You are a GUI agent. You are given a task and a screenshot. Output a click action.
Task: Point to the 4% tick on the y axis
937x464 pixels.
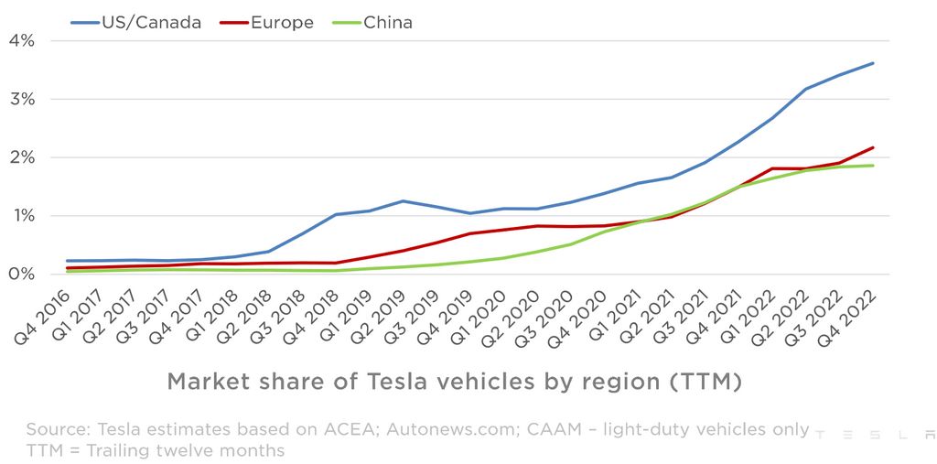click(22, 40)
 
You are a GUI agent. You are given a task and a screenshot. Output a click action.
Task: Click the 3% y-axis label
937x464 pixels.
click(22, 99)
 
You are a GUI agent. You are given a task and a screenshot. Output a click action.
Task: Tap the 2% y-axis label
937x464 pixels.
click(22, 157)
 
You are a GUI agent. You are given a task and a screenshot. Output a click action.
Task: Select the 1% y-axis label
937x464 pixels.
click(22, 216)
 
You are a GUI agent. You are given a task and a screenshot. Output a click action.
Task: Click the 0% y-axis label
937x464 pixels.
click(22, 275)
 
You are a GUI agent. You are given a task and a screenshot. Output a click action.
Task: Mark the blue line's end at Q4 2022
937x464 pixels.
click(873, 63)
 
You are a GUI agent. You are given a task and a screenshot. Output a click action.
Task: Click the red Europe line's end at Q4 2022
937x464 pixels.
click(873, 147)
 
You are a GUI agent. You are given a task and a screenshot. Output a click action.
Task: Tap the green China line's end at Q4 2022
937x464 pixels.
click(873, 166)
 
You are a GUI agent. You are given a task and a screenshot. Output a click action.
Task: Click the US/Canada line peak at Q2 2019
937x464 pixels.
click(402, 201)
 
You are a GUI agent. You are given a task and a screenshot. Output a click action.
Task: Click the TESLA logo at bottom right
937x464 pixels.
click(873, 435)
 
